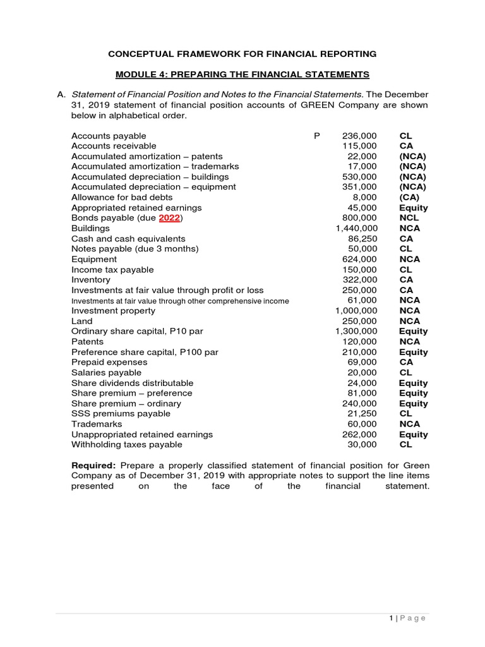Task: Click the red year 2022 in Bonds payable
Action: (x=169, y=218)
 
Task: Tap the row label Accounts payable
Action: (x=109, y=136)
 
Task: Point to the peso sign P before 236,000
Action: (x=316, y=136)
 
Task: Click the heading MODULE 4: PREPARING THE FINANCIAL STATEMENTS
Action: (x=242, y=75)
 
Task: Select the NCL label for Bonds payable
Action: (x=409, y=218)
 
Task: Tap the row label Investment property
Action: (x=113, y=311)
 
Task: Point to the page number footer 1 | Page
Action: (x=407, y=618)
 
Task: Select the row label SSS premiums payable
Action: (x=121, y=413)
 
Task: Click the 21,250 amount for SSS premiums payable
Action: (x=362, y=413)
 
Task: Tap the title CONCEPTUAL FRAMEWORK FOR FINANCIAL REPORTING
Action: (x=242, y=54)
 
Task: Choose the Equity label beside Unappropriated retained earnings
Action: (x=413, y=434)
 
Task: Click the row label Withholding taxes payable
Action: (x=126, y=444)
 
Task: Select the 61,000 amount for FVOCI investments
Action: (x=362, y=300)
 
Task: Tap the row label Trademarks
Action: (x=97, y=424)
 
